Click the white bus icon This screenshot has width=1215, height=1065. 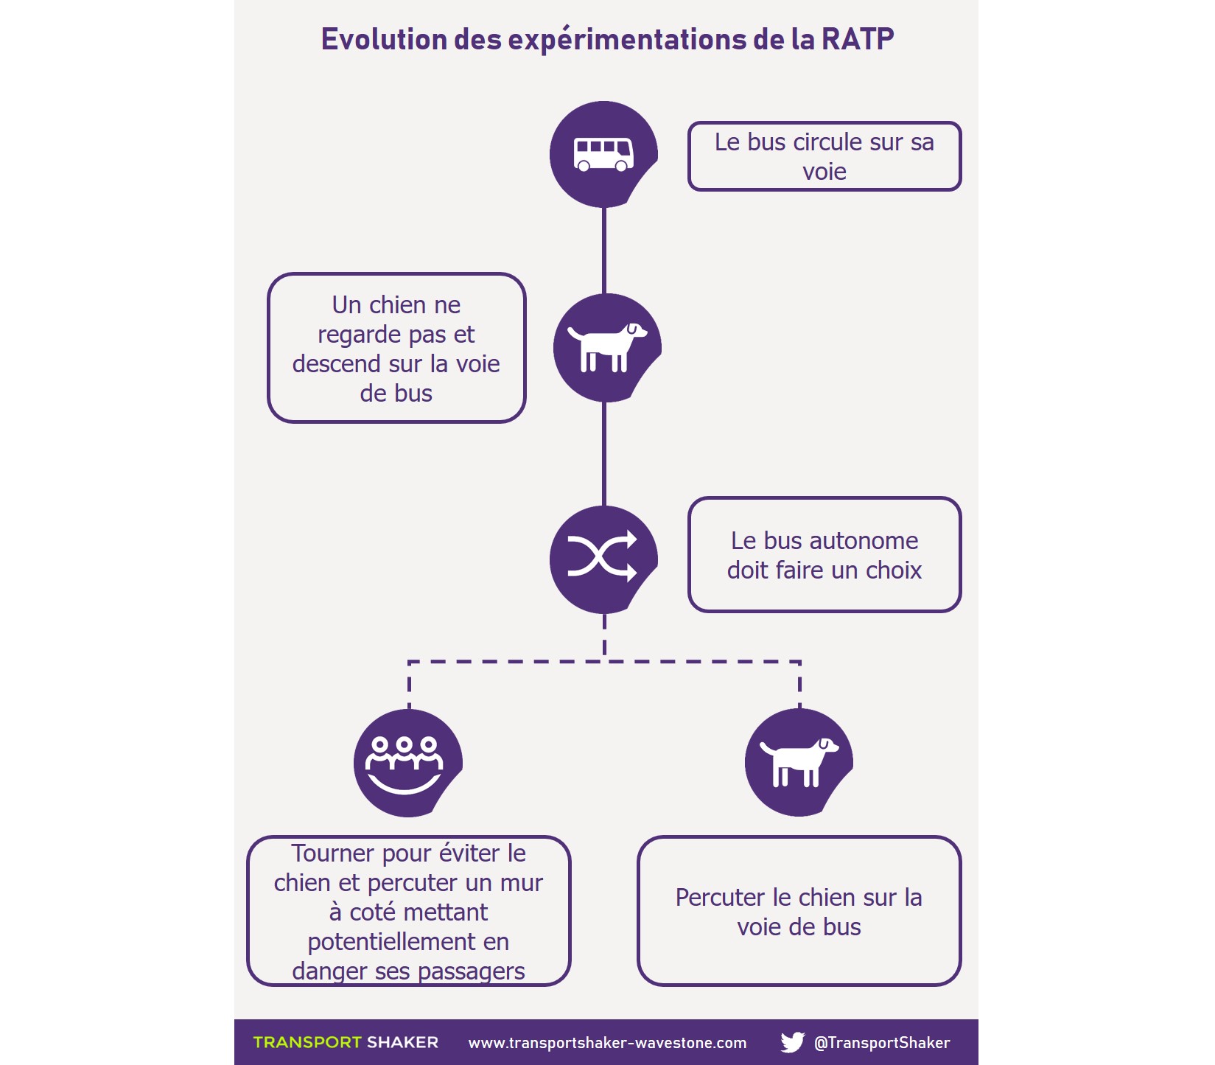pyautogui.click(x=603, y=154)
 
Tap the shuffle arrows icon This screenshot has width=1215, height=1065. pyautogui.click(x=602, y=556)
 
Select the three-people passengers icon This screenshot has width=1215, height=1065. pyautogui.click(x=405, y=764)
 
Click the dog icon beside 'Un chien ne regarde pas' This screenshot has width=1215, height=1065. pyautogui.click(x=606, y=346)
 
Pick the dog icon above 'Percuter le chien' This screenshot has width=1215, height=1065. pyautogui.click(x=798, y=762)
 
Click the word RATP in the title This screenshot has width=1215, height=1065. pyautogui.click(x=858, y=39)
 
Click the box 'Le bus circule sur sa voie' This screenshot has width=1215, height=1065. pyautogui.click(x=824, y=156)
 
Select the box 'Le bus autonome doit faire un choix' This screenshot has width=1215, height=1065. pyautogui.click(x=824, y=555)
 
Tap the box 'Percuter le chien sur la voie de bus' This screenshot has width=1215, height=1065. pyautogui.click(x=799, y=911)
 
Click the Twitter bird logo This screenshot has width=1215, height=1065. pyautogui.click(x=792, y=1042)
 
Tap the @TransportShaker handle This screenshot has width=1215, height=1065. pyautogui.click(x=881, y=1043)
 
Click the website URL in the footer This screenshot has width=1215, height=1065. pyautogui.click(x=607, y=1043)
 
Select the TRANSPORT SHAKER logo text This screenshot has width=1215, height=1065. pyautogui.click(x=346, y=1042)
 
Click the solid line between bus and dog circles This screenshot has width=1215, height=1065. pyautogui.click(x=604, y=251)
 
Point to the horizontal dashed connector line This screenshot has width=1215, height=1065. pyautogui.click(x=604, y=662)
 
